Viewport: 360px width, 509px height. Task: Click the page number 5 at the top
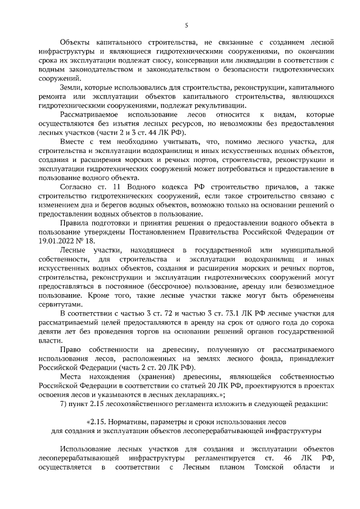pos(186,24)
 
